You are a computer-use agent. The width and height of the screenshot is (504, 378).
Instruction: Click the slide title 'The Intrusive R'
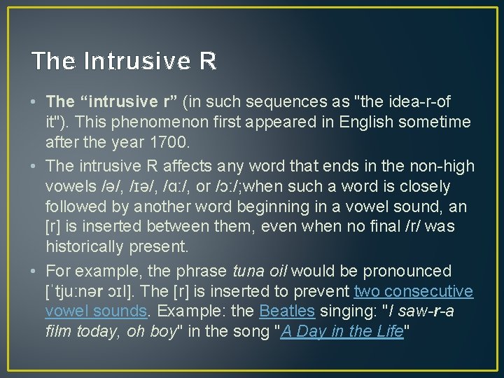coord(124,62)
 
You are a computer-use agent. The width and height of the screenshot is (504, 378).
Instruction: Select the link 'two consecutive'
coord(414,291)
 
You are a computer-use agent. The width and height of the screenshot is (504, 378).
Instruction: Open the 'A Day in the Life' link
coord(342,332)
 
